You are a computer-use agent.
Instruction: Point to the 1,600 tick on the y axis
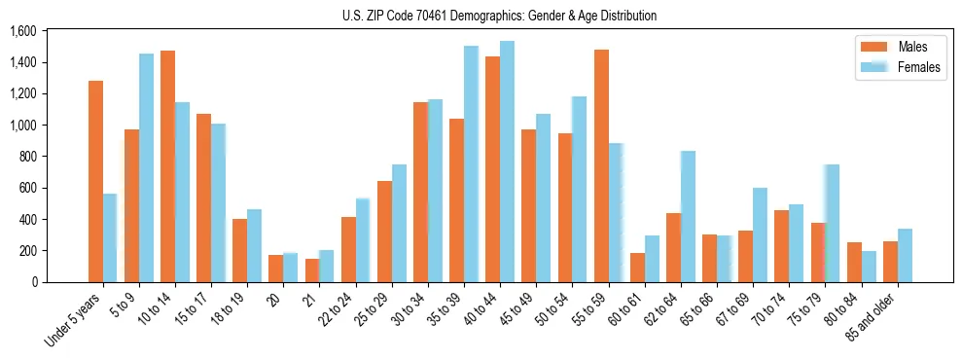pos(21,32)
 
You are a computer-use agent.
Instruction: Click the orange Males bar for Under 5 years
pos(95,181)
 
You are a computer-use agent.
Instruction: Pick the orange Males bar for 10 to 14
pos(167,166)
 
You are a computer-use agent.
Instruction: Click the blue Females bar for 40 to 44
pos(507,162)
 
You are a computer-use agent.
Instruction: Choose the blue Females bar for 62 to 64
pos(688,217)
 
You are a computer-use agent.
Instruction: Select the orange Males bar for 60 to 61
pos(636,268)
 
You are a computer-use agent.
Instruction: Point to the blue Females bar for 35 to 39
pos(471,164)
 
